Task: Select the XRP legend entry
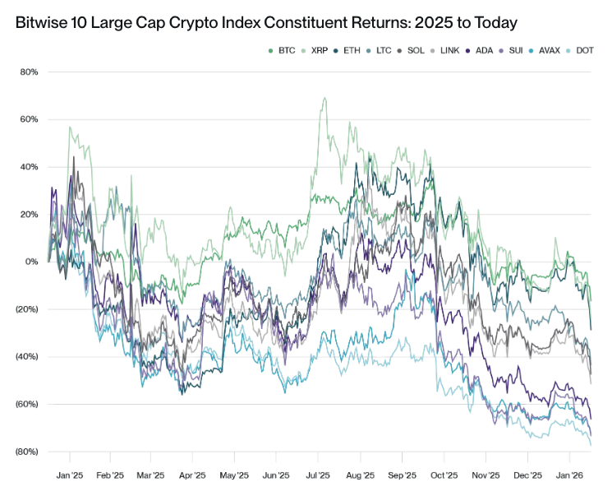pos(319,51)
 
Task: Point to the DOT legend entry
pos(585,51)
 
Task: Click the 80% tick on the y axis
pos(30,72)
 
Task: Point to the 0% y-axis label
pos(33,262)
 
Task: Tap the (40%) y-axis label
pos(28,357)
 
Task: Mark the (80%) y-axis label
pos(28,452)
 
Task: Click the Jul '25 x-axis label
pos(318,475)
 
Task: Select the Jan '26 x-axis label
pos(570,475)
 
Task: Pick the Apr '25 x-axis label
pos(191,475)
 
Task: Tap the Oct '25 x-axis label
pos(444,475)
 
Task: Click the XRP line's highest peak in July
pos(325,98)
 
